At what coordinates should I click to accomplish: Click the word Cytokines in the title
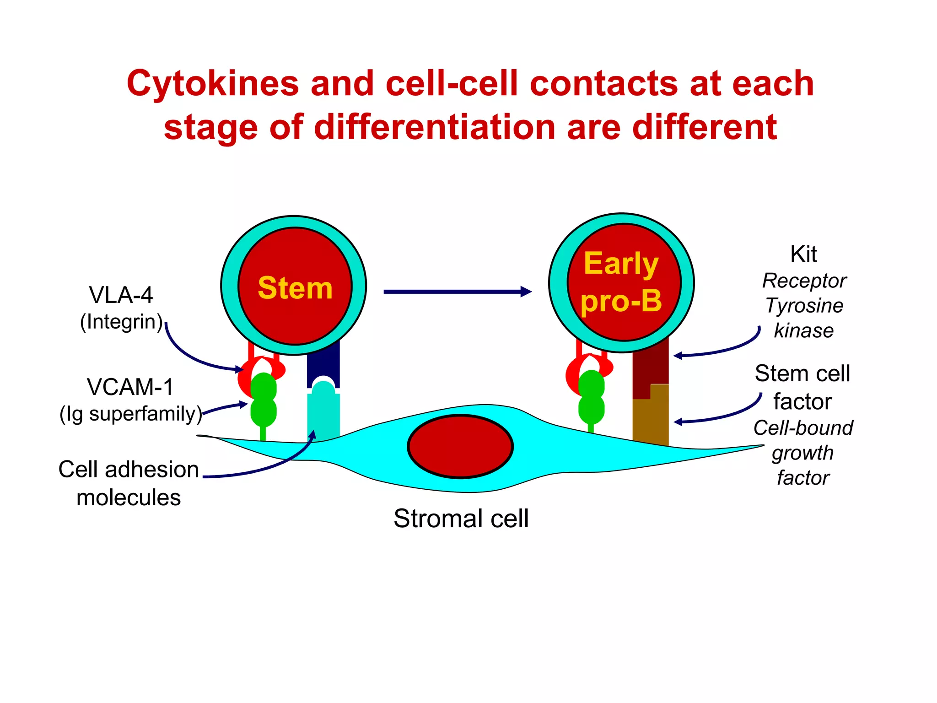(213, 84)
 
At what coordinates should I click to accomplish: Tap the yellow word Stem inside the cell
(295, 288)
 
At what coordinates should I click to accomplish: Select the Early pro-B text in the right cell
(621, 282)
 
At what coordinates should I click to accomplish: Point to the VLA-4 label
(121, 295)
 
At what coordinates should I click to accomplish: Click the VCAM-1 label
(130, 387)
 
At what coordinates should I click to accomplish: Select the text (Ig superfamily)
(131, 414)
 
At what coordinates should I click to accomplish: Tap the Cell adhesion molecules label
(129, 483)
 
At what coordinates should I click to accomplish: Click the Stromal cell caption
(461, 519)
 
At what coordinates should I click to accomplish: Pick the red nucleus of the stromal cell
(460, 447)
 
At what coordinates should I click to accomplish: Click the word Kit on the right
(803, 254)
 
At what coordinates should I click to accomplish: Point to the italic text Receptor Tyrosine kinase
(804, 306)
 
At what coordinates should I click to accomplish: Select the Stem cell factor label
(802, 387)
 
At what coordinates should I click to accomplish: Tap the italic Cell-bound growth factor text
(803, 453)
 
